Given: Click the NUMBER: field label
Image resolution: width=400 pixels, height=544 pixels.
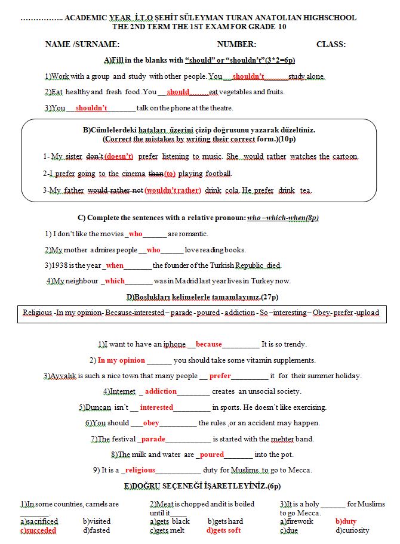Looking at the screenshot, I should (x=236, y=45).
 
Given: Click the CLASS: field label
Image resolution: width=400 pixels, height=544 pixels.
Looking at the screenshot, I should (x=331, y=45).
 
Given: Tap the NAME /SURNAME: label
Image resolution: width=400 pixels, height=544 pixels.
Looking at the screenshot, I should (x=82, y=45).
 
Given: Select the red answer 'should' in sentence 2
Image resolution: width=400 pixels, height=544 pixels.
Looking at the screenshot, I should (x=178, y=92).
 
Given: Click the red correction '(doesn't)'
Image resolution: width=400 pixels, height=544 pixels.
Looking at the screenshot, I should (x=119, y=157).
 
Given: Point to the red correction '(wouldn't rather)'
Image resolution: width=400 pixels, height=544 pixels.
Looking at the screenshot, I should (x=173, y=191).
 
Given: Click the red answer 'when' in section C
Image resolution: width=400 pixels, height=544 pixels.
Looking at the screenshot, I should (x=115, y=265).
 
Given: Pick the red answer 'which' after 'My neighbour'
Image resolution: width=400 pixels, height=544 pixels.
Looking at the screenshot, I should (x=115, y=281).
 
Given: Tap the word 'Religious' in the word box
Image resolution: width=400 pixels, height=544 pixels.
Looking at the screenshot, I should (x=37, y=313).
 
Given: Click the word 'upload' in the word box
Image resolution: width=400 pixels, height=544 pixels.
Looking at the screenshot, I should (x=367, y=313).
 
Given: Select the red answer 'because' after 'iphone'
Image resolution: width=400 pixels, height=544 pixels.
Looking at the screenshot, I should (x=208, y=344).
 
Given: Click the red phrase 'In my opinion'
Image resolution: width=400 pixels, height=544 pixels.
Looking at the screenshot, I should (x=121, y=360).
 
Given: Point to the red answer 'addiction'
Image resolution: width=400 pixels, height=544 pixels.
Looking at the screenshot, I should (x=161, y=391).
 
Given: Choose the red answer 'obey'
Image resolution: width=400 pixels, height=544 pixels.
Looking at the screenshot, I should (x=151, y=423).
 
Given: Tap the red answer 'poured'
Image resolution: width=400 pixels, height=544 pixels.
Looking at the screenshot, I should (x=212, y=455).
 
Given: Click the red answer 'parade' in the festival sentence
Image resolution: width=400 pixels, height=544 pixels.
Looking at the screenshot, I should (x=153, y=439).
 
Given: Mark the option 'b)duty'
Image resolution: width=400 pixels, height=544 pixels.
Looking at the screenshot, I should (x=346, y=521).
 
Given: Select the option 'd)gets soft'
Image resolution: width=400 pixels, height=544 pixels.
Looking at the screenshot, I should (x=224, y=530).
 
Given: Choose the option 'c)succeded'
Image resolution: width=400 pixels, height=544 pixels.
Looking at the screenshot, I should (x=38, y=530).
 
